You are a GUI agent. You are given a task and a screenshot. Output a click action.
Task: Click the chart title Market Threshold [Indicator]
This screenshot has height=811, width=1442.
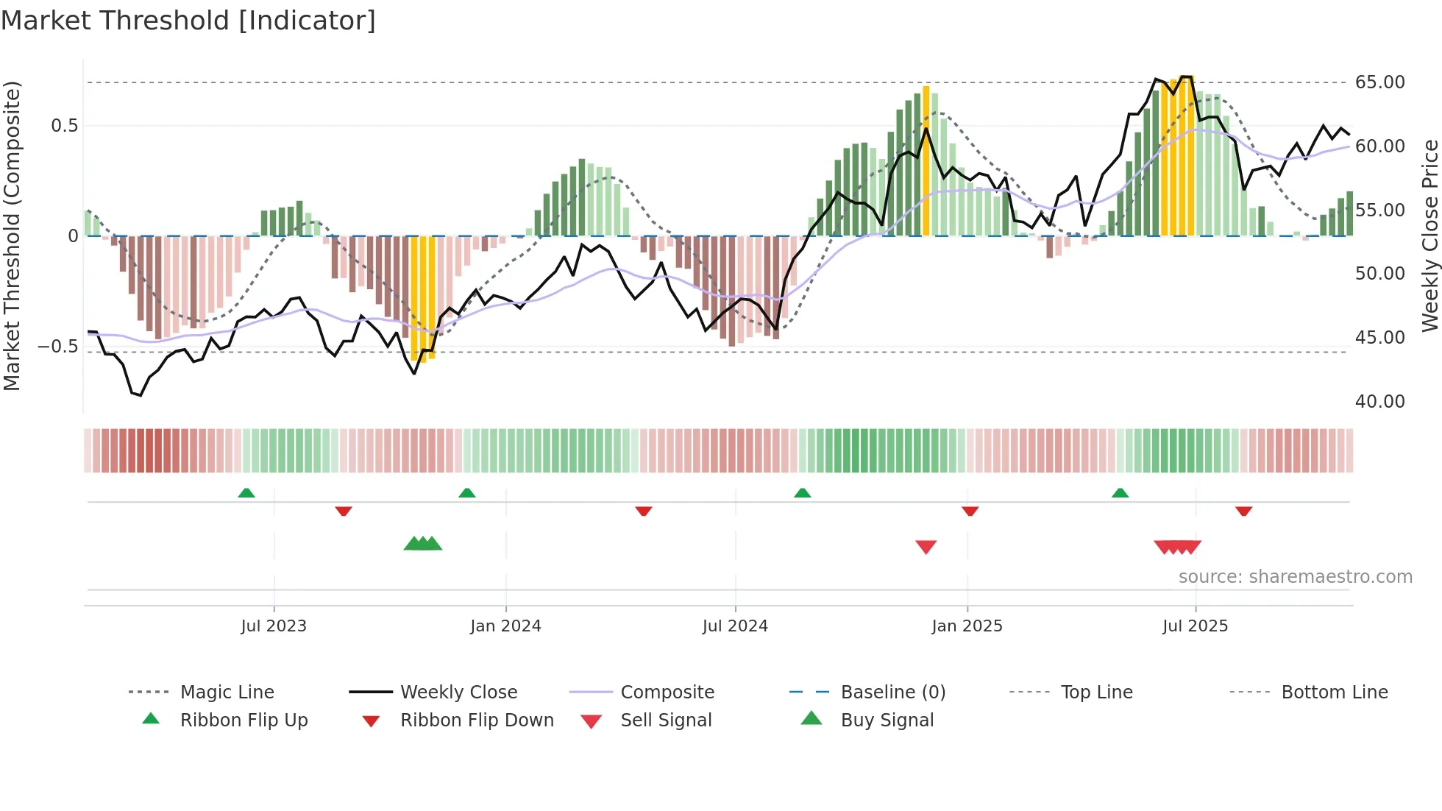[x=188, y=21]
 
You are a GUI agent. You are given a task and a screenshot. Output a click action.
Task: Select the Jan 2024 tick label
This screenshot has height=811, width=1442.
[x=505, y=626]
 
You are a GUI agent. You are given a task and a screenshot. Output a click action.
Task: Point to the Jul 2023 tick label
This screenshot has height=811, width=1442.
[x=274, y=626]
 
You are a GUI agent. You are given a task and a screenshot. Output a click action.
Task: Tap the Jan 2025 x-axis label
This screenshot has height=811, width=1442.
[x=967, y=626]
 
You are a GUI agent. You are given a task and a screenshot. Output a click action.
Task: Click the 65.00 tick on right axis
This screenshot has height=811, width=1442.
[x=1379, y=82]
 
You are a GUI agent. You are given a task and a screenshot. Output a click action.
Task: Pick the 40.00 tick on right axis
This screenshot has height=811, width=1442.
[x=1379, y=402]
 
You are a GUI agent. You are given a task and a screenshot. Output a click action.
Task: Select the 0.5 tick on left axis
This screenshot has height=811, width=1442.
[x=64, y=126]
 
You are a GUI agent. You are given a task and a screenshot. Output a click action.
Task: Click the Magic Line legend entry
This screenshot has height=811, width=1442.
[x=227, y=693]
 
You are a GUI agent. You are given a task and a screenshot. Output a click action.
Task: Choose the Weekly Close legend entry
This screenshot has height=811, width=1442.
[x=458, y=693]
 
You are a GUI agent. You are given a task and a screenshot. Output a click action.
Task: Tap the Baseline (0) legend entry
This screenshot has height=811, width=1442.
[x=892, y=693]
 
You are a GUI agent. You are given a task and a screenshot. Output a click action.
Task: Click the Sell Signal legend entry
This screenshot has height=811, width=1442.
[x=666, y=720]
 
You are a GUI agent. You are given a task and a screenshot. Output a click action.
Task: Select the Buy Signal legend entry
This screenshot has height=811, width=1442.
[x=887, y=720]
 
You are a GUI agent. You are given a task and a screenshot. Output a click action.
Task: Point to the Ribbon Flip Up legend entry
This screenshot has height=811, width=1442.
[x=244, y=720]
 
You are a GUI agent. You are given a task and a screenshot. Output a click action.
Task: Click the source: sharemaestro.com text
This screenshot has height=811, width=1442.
[x=1295, y=577]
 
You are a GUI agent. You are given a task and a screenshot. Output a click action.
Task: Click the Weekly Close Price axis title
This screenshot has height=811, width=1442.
[x=1429, y=235]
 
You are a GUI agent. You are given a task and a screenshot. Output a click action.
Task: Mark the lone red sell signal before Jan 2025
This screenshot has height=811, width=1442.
[x=926, y=547]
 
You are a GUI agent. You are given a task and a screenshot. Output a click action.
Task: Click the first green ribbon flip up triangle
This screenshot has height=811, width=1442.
[x=246, y=493]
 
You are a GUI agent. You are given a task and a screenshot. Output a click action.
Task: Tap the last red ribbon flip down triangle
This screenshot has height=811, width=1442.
[x=1243, y=511]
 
